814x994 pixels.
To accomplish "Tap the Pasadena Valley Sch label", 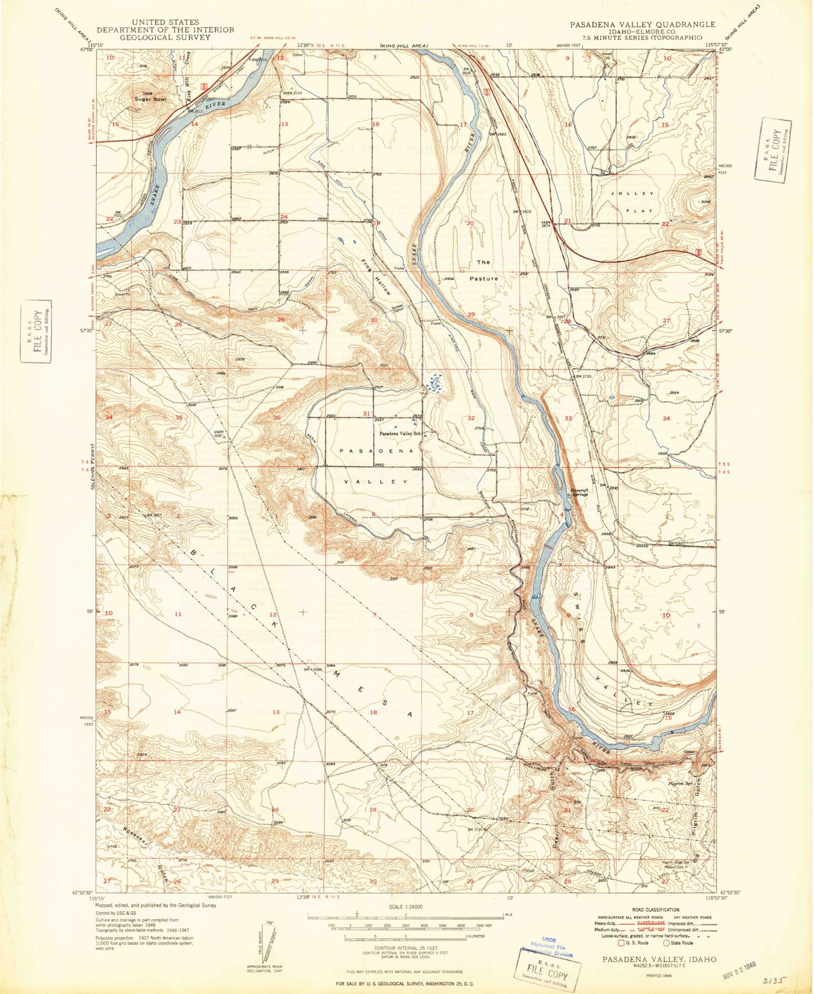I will point(401,434).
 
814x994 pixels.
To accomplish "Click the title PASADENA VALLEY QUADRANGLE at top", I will point(642,25).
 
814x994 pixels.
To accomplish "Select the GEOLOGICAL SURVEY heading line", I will point(165,37).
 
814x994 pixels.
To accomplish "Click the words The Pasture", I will point(484,270).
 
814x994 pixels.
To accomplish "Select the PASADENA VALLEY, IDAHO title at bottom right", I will point(659,959).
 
